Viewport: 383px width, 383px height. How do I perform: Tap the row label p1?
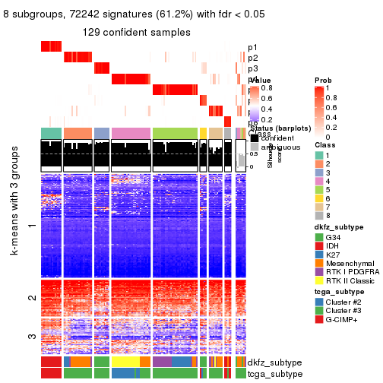[x=252, y=47]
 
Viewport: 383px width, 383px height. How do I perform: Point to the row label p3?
[x=252, y=68]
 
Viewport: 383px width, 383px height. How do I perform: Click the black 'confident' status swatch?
[x=255, y=138]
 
